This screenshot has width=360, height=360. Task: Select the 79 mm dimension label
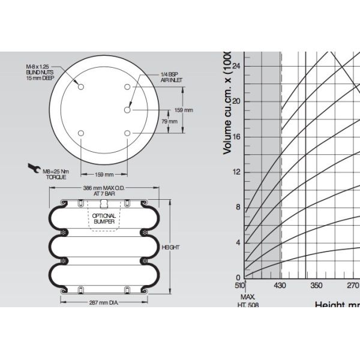[x=170, y=121]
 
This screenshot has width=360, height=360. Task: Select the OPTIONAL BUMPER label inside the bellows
[x=104, y=218]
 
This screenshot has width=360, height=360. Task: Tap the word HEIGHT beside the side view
[x=171, y=247]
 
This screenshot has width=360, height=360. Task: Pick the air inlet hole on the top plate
[x=128, y=110]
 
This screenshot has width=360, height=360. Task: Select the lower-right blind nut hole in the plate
[x=128, y=133]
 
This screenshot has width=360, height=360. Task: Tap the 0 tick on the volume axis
[x=238, y=277]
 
